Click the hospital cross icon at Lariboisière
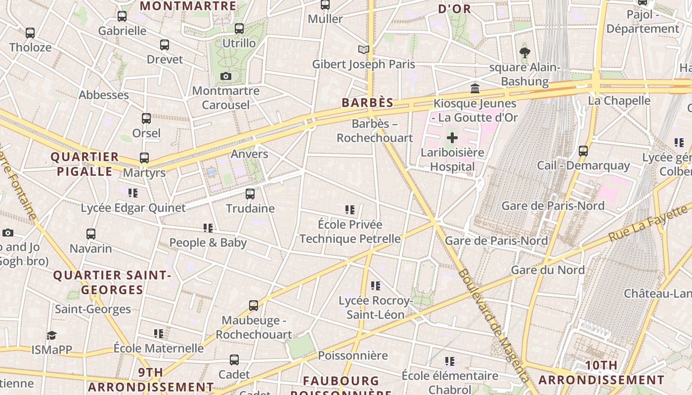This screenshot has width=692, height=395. click(x=452, y=138)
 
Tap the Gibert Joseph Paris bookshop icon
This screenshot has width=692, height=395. click(x=364, y=49)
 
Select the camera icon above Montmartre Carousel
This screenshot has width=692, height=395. click(x=226, y=76)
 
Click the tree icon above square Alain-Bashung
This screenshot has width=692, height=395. click(x=525, y=52)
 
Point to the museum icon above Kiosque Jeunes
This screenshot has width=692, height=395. click(x=475, y=88)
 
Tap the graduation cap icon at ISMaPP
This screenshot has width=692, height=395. click(x=52, y=336)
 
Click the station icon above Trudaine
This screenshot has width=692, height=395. click(x=250, y=194)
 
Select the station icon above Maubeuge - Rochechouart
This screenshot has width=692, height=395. click(x=254, y=306)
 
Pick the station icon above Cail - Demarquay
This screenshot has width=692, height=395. click(x=583, y=151)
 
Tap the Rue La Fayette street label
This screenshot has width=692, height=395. click(x=648, y=223)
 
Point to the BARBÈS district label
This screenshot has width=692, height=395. click(x=368, y=103)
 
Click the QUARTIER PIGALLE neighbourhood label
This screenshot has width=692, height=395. click(x=85, y=164)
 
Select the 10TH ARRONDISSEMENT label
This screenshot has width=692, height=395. click(x=601, y=373)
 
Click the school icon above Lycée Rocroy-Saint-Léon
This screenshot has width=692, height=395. click(x=376, y=286)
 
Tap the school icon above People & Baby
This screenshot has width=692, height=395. click(x=208, y=228)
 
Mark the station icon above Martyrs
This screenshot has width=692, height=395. click(x=144, y=158)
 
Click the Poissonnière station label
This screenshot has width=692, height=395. click(x=352, y=355)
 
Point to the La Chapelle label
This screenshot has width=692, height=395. click(x=619, y=101)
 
